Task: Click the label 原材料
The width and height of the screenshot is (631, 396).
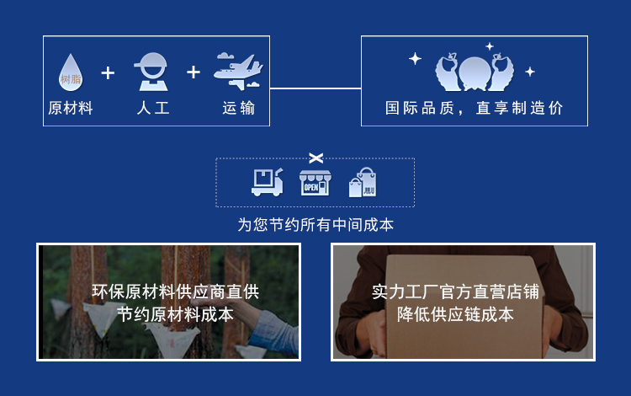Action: [x=71, y=109]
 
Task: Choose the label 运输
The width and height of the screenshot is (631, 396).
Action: [x=239, y=109]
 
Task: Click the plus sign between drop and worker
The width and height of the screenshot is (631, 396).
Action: [x=108, y=73]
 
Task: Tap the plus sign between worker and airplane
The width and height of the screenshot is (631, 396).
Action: [x=194, y=72]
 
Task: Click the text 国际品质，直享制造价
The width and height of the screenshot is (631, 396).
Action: [x=475, y=108]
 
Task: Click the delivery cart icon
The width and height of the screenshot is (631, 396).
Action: [x=268, y=181]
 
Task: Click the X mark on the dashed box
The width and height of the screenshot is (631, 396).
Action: [x=315, y=158]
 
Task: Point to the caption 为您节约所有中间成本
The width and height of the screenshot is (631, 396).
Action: [x=315, y=225]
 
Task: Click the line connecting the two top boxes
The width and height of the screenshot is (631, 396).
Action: [x=315, y=88]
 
